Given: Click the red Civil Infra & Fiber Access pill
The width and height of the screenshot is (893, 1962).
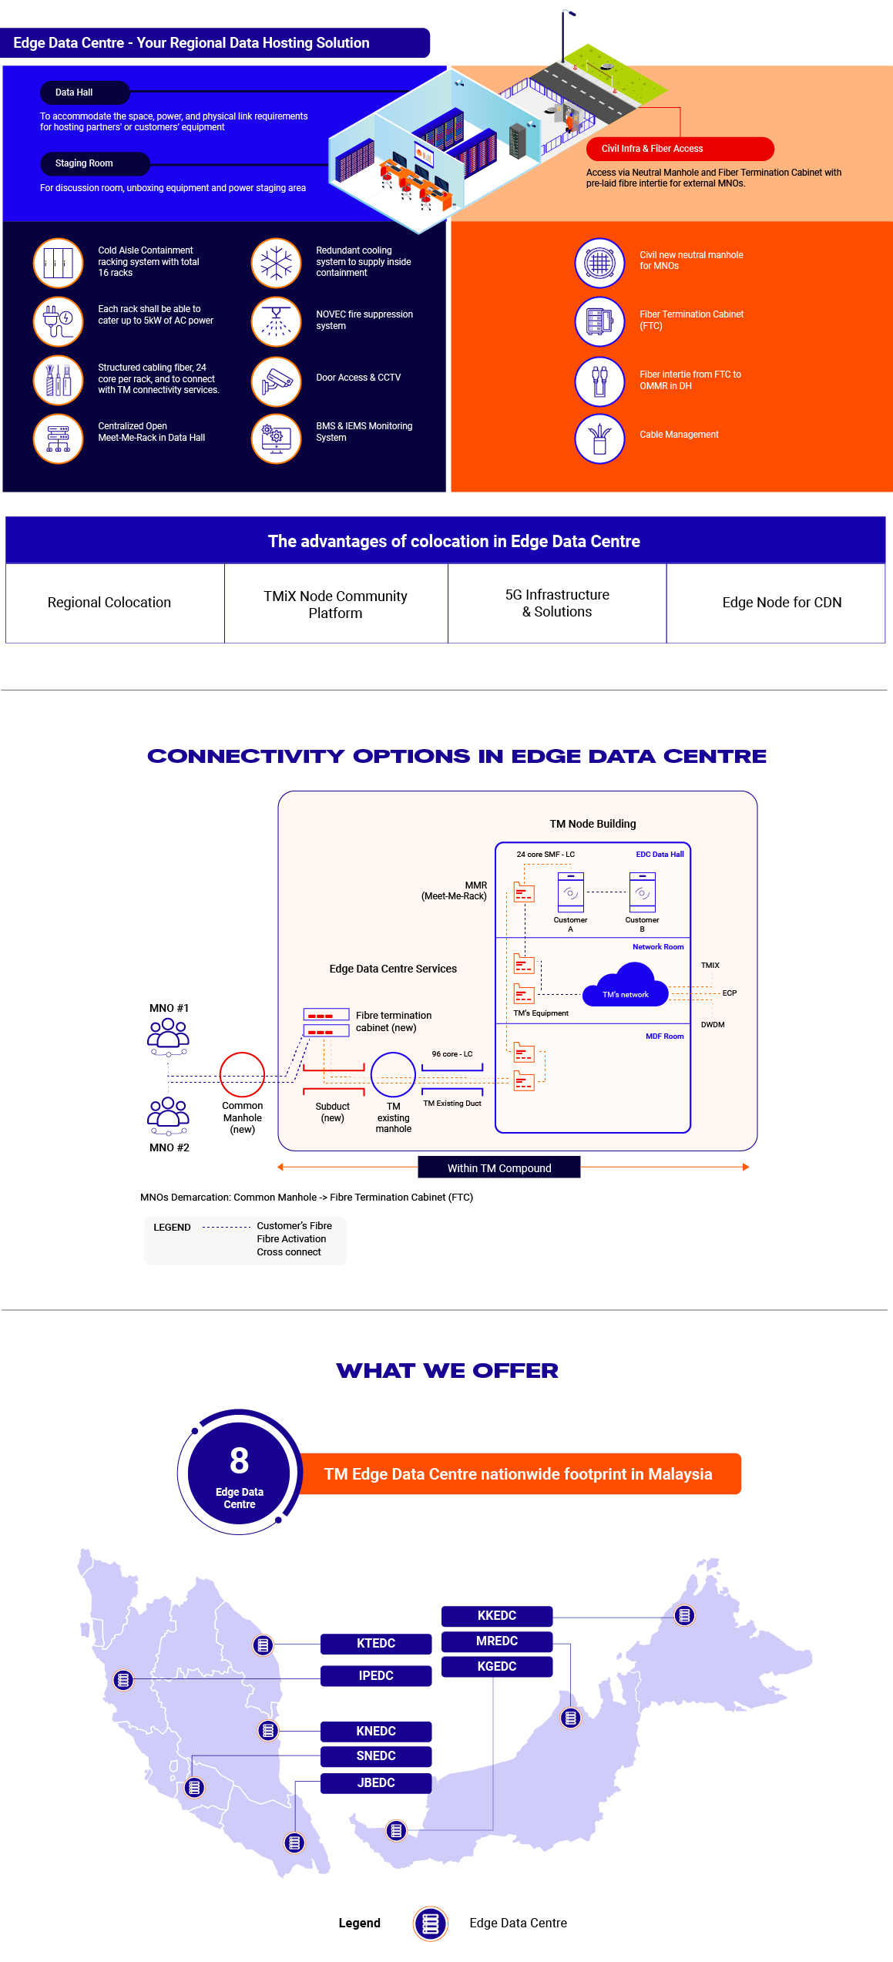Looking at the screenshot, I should [x=680, y=149].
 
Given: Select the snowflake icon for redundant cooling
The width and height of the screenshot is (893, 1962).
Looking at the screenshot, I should [x=276, y=263].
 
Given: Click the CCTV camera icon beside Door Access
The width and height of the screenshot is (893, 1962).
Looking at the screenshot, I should [x=276, y=381].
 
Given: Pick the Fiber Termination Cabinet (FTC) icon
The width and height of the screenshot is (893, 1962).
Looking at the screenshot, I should [x=599, y=321].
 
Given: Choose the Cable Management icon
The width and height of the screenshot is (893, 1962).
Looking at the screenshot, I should [x=599, y=439].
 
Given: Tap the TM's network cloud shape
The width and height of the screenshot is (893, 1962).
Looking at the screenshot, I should [x=625, y=986].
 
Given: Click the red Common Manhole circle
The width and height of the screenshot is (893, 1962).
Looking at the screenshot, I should [x=242, y=1074].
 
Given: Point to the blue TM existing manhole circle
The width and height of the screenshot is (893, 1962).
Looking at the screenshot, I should [x=393, y=1074].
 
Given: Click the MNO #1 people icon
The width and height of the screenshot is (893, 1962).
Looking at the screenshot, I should [x=168, y=1037].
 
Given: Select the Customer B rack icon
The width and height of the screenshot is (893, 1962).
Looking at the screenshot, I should [x=642, y=892].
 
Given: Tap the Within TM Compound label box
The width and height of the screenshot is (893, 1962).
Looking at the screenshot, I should [x=499, y=1167].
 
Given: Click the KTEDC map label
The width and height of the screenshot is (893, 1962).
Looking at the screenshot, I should [x=376, y=1643].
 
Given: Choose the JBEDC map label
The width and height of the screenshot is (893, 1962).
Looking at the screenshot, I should [x=376, y=1782].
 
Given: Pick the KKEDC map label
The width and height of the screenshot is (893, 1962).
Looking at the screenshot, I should [x=497, y=1615].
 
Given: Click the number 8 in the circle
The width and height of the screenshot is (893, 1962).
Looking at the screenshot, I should [x=239, y=1460].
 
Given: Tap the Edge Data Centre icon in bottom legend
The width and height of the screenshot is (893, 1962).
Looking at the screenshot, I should [x=431, y=1923].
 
